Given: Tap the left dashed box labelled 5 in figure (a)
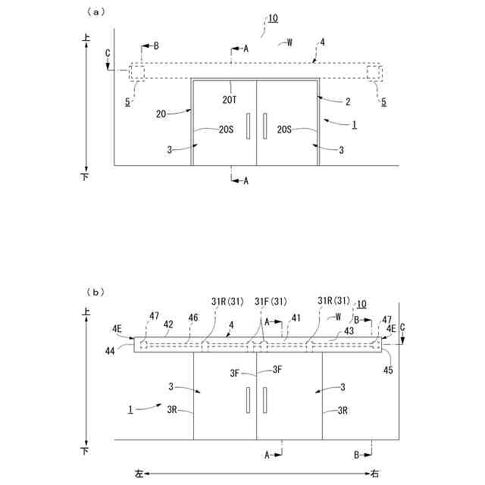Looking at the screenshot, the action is click(136, 72).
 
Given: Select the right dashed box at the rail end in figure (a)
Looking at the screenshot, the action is click(374, 72).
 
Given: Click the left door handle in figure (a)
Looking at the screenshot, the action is click(247, 126).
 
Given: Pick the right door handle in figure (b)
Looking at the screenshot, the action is click(265, 398).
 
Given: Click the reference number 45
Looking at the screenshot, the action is click(388, 371).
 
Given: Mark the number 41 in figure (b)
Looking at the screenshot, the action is click(296, 318).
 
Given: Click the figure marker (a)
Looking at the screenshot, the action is click(95, 11).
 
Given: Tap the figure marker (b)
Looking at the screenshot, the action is click(95, 291).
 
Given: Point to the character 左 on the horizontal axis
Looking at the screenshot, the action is click(139, 474).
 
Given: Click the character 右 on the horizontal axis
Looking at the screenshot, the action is click(375, 474).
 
